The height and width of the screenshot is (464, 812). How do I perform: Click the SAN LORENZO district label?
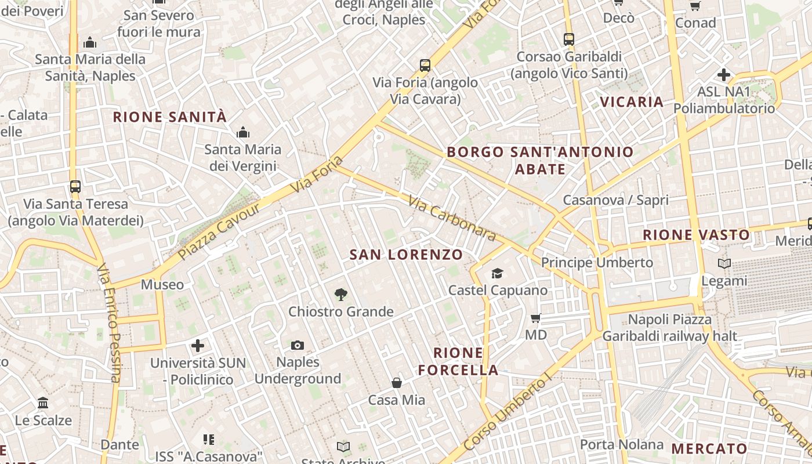[407, 255]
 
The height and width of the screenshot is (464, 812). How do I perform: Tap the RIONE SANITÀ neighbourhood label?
[169, 117]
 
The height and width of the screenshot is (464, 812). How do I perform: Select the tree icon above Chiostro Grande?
[341, 295]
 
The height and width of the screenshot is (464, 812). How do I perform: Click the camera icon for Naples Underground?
[298, 345]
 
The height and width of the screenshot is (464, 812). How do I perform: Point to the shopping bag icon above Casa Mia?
[397, 383]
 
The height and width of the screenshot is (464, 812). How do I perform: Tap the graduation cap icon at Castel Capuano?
[497, 273]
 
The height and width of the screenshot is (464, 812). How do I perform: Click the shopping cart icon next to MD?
[536, 318]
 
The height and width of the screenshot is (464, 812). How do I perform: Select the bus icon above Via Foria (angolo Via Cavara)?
[425, 65]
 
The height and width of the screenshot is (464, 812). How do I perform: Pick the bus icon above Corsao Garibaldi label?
[569, 39]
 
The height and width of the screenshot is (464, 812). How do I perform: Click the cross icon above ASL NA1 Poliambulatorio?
[724, 75]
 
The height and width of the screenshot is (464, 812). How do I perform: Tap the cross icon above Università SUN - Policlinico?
[198, 346]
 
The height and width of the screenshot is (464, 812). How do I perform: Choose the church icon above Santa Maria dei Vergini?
[243, 132]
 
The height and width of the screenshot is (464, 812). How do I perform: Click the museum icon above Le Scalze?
[43, 403]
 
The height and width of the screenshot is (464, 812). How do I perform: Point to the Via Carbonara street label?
[452, 218]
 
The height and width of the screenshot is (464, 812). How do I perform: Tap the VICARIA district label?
[632, 102]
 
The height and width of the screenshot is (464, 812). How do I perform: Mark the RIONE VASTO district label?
[696, 235]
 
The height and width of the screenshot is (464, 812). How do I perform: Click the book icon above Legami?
[724, 264]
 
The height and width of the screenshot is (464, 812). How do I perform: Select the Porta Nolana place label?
[622, 445]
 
